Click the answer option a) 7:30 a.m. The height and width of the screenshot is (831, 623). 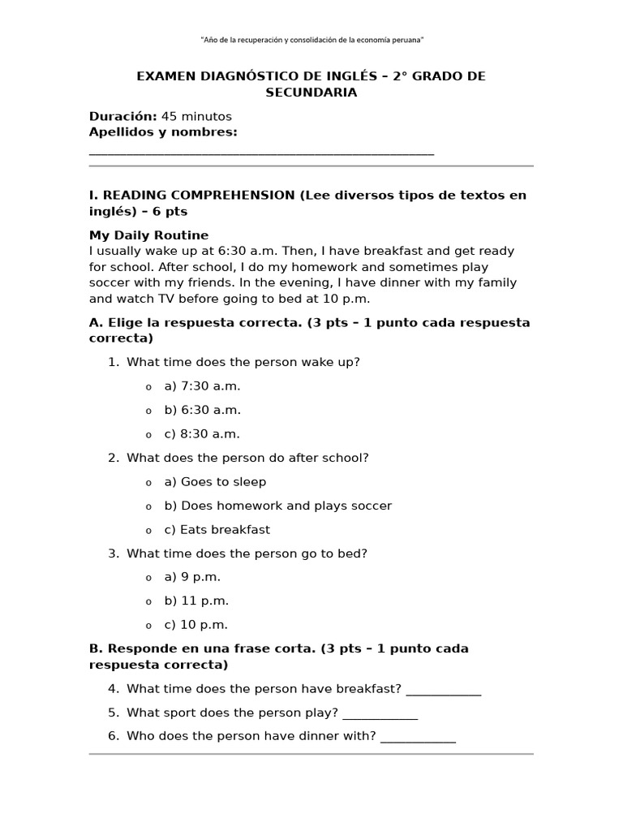(x=202, y=386)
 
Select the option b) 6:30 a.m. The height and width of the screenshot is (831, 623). (x=202, y=410)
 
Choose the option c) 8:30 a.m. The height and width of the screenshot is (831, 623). (x=202, y=434)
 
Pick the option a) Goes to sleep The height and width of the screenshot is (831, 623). (x=215, y=482)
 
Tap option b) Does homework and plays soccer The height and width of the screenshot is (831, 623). (x=277, y=506)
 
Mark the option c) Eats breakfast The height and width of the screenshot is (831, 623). (x=217, y=530)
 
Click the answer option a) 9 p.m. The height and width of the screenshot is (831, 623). (x=192, y=577)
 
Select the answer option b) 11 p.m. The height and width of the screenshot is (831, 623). (x=196, y=601)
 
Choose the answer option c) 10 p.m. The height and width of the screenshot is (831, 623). (x=195, y=625)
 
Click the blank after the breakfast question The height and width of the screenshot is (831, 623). (x=443, y=691)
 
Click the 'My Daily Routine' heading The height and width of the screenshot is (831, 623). (x=148, y=235)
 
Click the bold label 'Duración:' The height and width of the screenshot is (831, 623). (x=122, y=116)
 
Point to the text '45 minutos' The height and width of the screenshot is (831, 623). (x=196, y=116)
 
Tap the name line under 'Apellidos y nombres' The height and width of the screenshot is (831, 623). (x=261, y=152)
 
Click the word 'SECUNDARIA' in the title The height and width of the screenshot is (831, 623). (x=311, y=93)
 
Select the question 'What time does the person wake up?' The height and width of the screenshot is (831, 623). (x=243, y=362)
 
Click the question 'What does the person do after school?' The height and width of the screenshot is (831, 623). (x=247, y=458)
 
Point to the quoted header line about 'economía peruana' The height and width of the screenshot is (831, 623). (x=311, y=40)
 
